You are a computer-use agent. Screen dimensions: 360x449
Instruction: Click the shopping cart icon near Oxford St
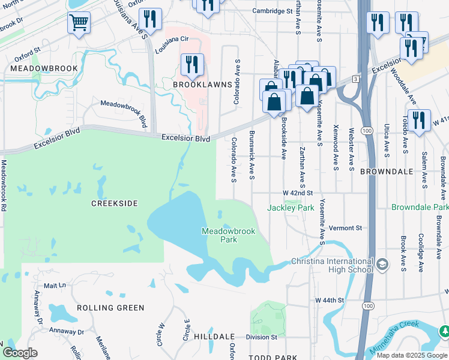click(x=79, y=23)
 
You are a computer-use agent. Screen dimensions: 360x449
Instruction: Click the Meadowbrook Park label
click(x=228, y=235)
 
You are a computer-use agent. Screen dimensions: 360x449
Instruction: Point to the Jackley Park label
click(x=291, y=208)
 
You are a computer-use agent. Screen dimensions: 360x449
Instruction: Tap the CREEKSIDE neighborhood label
click(x=114, y=203)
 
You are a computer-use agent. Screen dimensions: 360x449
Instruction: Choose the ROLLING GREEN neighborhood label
click(x=110, y=308)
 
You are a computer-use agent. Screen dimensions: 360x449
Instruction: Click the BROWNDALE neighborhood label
click(x=387, y=172)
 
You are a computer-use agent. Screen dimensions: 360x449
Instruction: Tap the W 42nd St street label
click(x=299, y=193)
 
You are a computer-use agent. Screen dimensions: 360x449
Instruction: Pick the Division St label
click(x=261, y=337)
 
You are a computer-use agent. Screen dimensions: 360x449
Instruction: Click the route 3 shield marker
click(x=356, y=79)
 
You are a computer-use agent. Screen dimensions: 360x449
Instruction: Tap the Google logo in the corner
click(x=20, y=352)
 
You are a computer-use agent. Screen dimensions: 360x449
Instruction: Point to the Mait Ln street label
click(x=54, y=286)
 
